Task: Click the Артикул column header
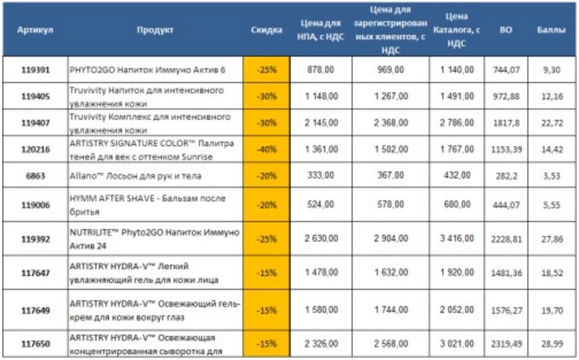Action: pos(35,30)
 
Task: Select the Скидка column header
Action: pos(267,30)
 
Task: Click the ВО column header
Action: pos(505,30)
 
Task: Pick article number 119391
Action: pos(35,69)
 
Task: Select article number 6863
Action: pos(35,175)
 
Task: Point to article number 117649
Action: pos(35,310)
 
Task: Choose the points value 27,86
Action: pos(551,239)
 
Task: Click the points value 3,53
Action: pos(551,175)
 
